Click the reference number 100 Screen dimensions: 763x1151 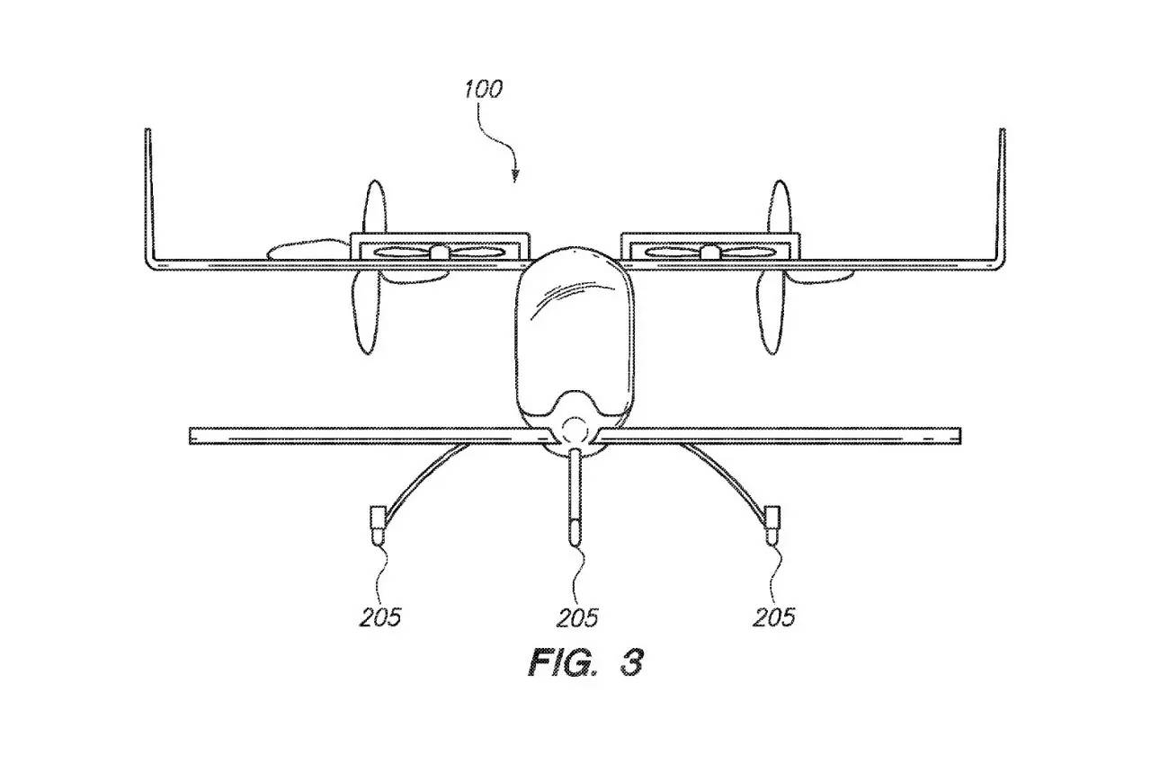pos(483,90)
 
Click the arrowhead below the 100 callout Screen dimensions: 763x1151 pos(514,175)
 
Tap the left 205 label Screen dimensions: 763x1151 pos(379,617)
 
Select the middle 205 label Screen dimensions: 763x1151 pos(576,617)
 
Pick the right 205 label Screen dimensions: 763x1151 pos(774,617)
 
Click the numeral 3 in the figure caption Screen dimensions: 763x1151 pos(631,663)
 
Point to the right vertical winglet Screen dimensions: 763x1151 pos(1002,193)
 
